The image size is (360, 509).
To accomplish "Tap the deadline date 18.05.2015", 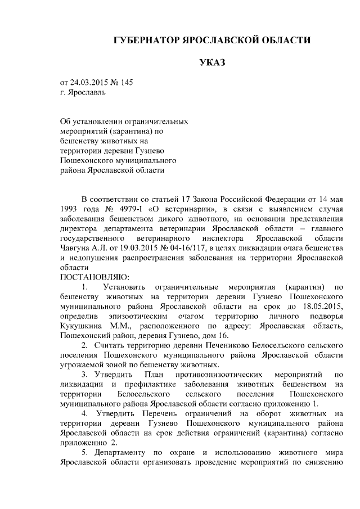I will tap(322, 307).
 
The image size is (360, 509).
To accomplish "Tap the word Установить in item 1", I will tap(117, 287).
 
